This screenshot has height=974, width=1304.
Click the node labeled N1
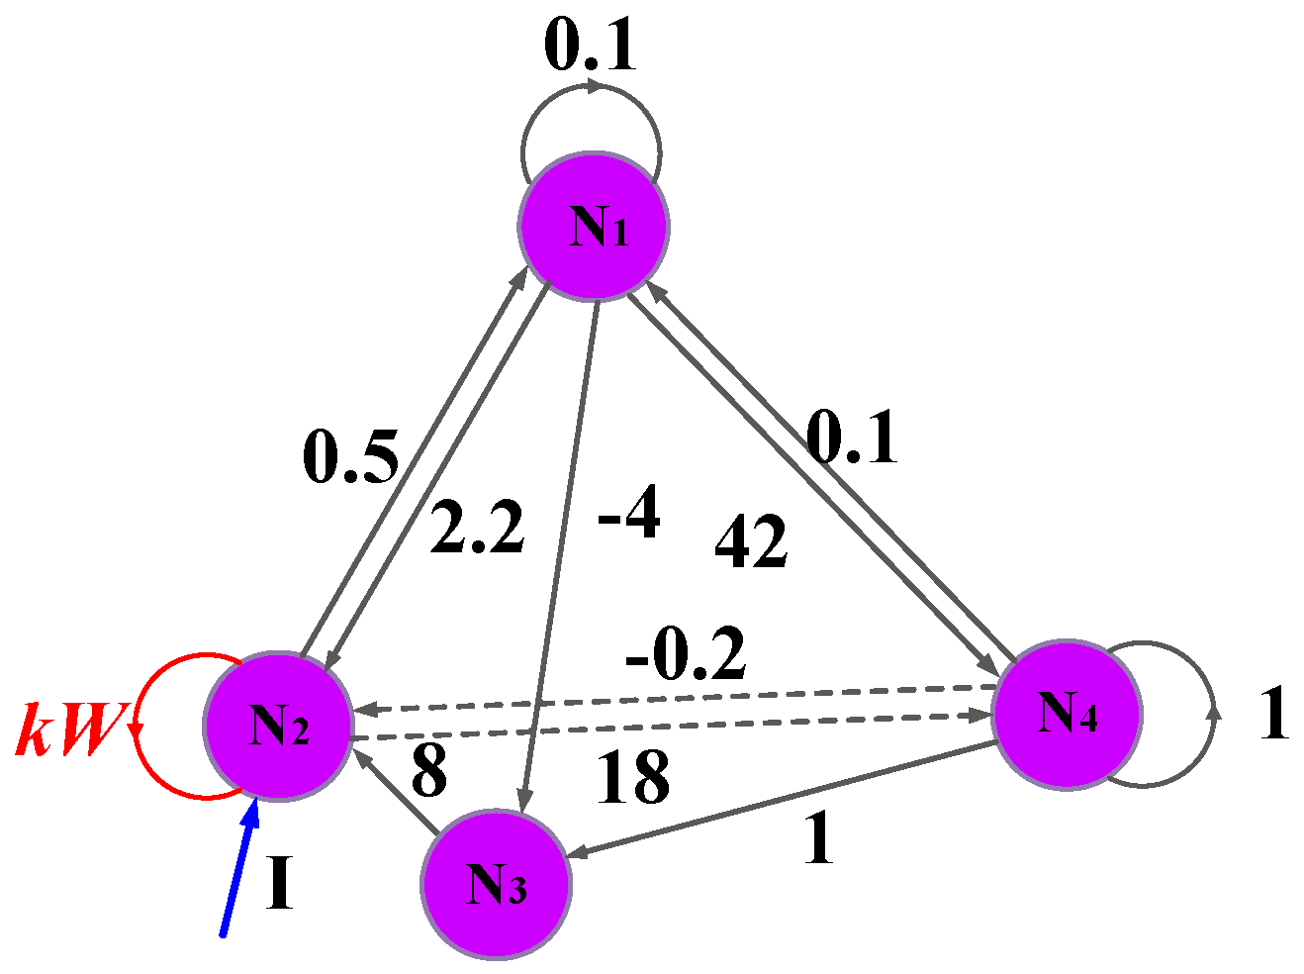[595, 226]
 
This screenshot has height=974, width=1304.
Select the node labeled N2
[278, 727]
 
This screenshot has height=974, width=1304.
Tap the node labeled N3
[496, 884]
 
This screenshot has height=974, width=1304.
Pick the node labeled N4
[1067, 714]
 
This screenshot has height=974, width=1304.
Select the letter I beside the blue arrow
[281, 884]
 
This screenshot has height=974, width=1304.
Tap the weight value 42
[751, 541]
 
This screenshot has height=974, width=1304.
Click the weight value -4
[629, 516]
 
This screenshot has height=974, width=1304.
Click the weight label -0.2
[687, 653]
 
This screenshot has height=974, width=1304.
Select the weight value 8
[427, 770]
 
